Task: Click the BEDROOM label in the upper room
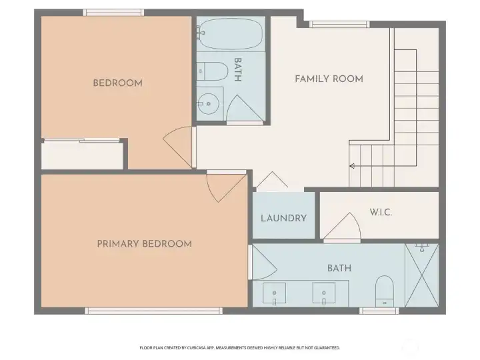[117, 83]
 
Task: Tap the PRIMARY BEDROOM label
[144, 244]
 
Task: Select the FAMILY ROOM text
[329, 79]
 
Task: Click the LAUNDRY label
[283, 218]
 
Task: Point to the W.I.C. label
[381, 213]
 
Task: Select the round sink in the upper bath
[209, 103]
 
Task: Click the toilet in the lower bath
[385, 291]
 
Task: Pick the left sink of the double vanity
[274, 293]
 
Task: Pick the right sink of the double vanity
[325, 293]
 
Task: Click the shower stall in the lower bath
[422, 276]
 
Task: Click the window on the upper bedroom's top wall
[113, 12]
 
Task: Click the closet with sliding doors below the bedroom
[82, 155]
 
